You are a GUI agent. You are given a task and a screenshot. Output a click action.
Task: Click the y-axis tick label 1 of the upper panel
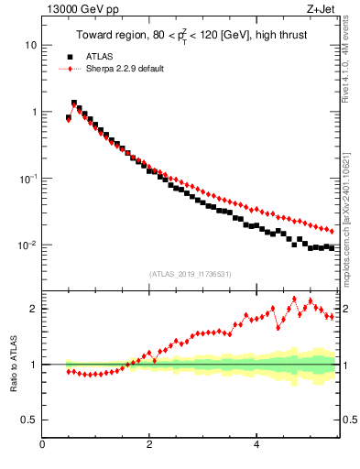(x=33, y=112)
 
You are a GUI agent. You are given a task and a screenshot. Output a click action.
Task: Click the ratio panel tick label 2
(x=33, y=309)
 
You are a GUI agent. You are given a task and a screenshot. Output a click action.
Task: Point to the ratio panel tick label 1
(x=33, y=365)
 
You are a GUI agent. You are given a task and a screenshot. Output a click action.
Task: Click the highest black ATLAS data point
(x=74, y=104)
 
